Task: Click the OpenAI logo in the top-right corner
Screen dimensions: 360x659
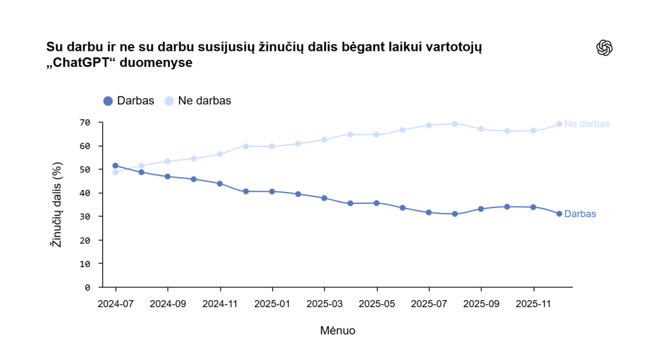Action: pos(604,48)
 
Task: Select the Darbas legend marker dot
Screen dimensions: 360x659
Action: pos(107,101)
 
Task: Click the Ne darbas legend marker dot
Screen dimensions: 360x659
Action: pos(169,101)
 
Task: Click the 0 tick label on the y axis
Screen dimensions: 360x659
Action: pos(88,287)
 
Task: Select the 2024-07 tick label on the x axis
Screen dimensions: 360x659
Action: pos(115,302)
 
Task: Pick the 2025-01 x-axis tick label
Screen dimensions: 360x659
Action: pos(272,302)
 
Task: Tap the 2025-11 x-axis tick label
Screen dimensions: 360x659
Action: pos(534,302)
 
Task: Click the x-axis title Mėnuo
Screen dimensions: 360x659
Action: pos(337,330)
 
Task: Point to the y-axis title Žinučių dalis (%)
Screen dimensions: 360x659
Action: pos(57,205)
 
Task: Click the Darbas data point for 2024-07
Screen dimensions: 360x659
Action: pos(115,166)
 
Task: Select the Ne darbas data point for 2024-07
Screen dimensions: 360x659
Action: pos(115,172)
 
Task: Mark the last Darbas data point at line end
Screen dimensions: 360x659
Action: pos(559,214)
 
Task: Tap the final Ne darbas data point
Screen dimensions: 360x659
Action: pos(559,124)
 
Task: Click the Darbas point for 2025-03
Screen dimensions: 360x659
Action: pos(324,198)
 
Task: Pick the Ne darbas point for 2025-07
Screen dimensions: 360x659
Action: pos(429,126)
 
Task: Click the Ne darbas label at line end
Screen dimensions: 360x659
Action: pos(586,124)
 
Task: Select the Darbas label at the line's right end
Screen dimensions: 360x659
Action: pos(580,214)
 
